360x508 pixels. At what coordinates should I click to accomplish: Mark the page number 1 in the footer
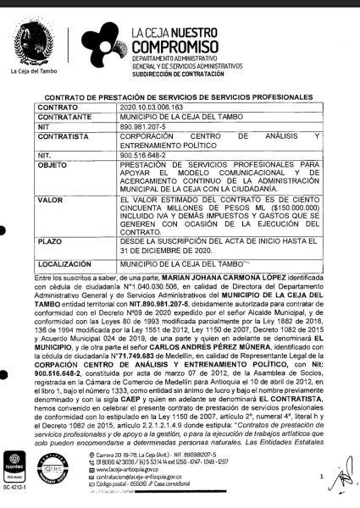[x=310, y=477]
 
